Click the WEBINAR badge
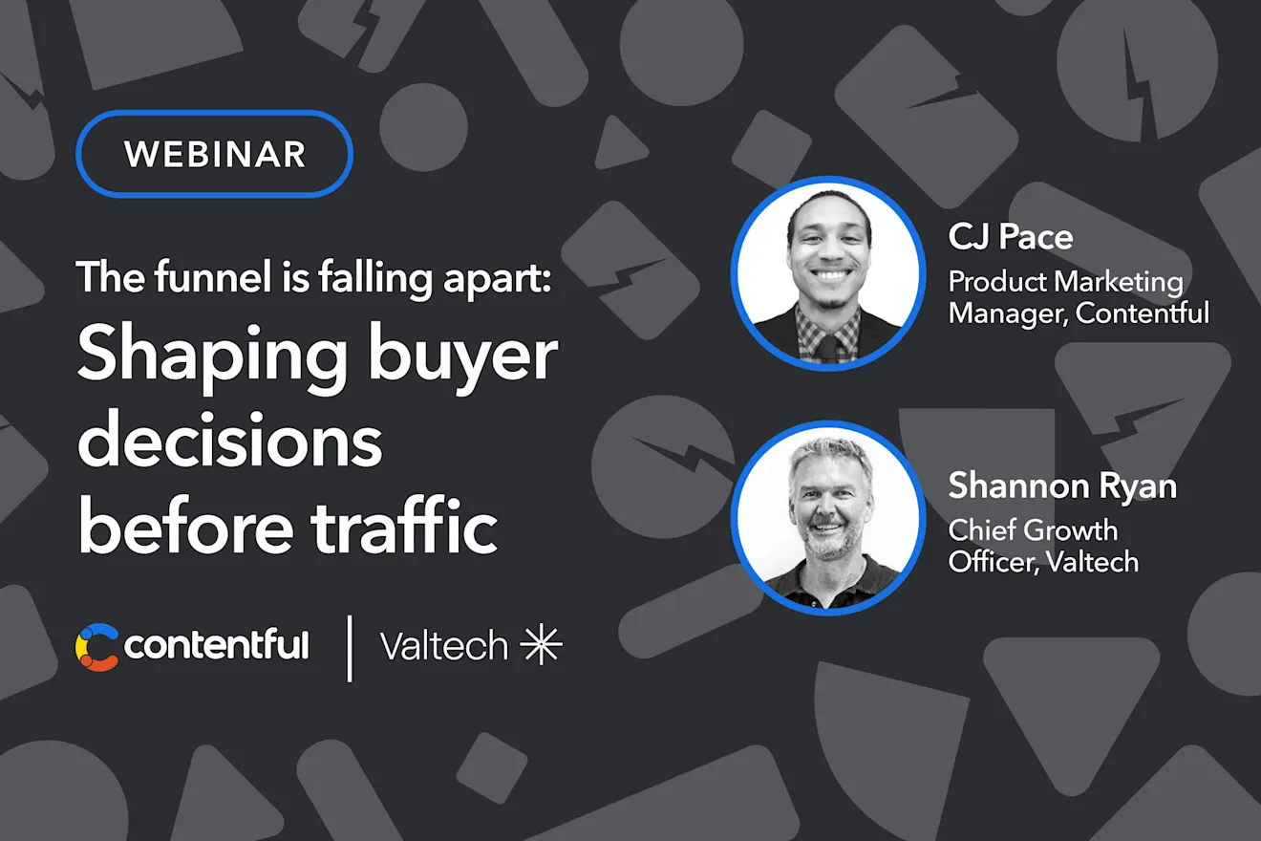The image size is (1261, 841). point(214,154)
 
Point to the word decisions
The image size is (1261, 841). point(230,439)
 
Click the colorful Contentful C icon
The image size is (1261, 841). point(96,647)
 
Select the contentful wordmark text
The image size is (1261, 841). point(216,645)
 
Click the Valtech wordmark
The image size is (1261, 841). point(444,645)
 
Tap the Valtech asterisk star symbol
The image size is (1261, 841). point(541,644)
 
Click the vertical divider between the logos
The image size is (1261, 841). point(351,648)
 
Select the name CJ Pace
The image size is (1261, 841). point(1011,237)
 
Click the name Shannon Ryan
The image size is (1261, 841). point(1062,485)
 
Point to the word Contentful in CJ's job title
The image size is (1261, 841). point(1143,313)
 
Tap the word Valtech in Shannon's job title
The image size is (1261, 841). point(1092,562)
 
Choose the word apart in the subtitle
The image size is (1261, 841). point(497,278)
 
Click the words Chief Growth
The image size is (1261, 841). point(1033,530)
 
